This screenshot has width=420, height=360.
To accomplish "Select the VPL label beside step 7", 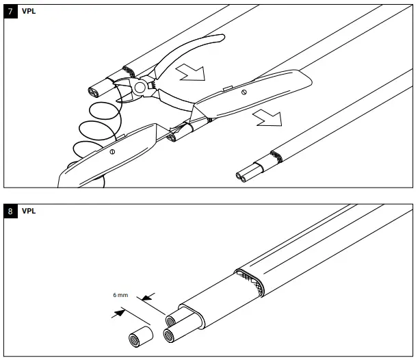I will click(x=29, y=12).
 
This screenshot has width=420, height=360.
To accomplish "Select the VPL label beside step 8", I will click(x=29, y=211).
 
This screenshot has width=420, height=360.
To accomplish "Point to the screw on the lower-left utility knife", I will click(x=111, y=150).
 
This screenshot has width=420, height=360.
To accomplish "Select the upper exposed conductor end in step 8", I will click(x=173, y=320).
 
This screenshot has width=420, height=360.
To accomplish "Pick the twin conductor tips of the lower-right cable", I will click(x=241, y=177).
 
